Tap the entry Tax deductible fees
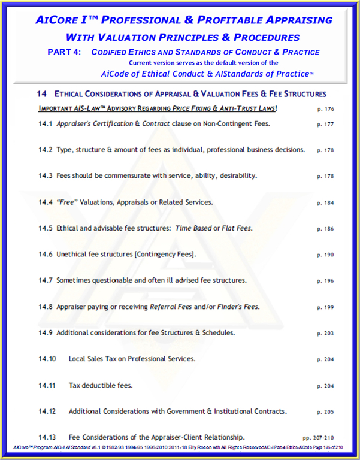(101, 385)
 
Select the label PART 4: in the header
(65, 52)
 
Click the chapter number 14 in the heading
(41, 94)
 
